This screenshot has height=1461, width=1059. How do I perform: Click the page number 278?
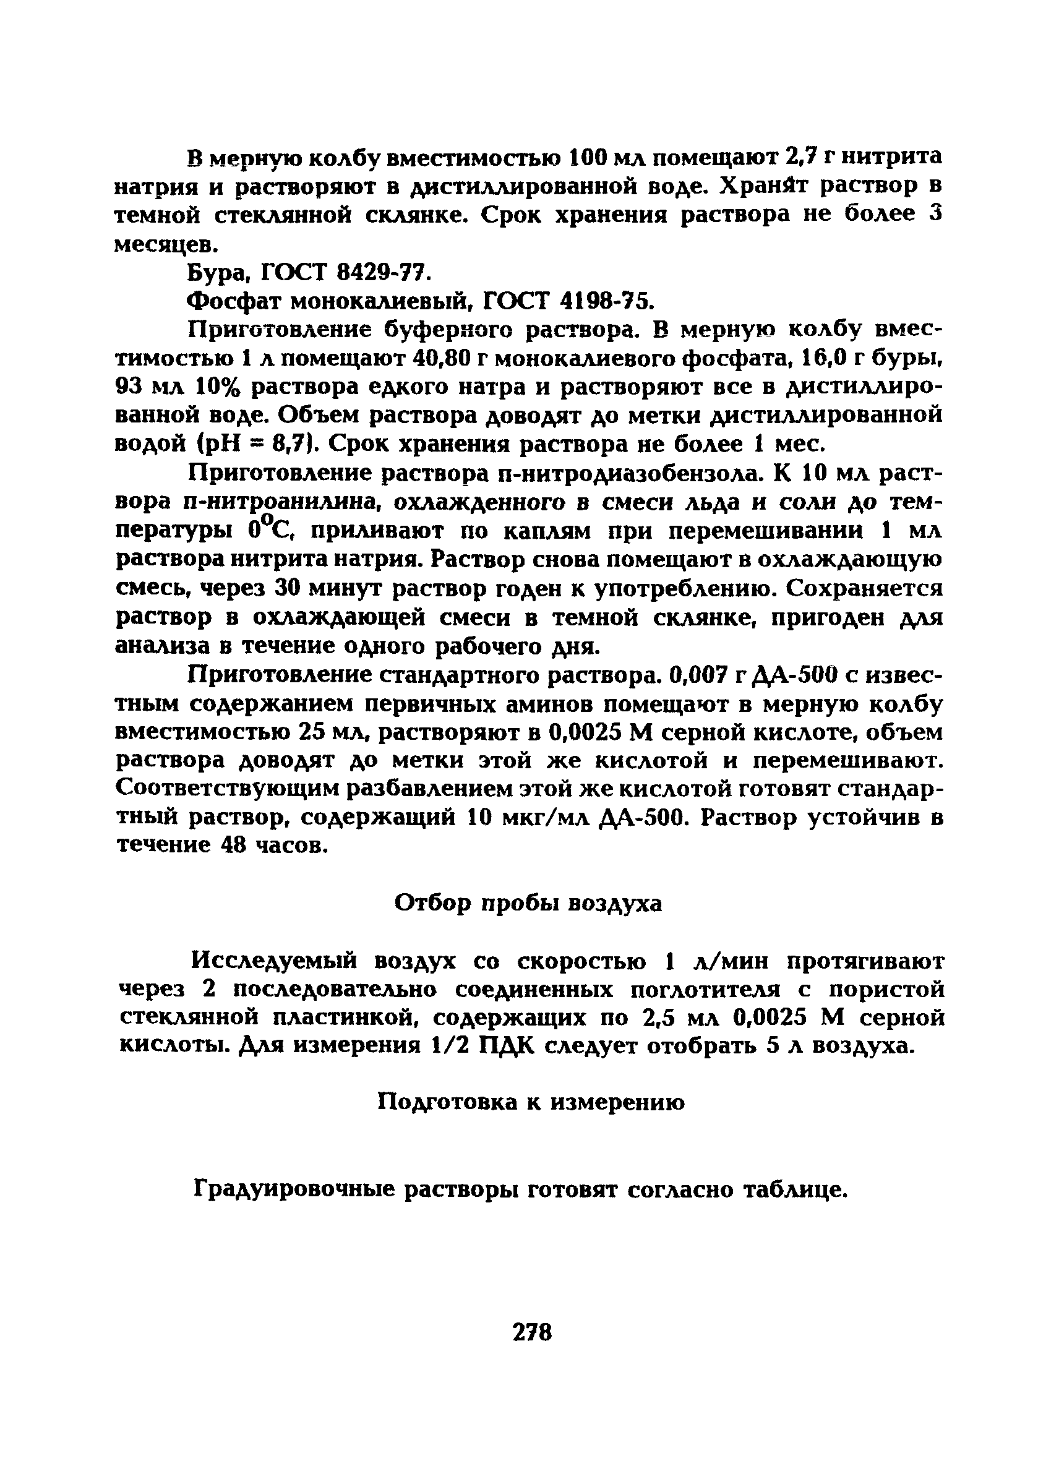coord(532,1332)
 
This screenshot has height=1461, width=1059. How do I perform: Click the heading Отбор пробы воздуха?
coord(528,903)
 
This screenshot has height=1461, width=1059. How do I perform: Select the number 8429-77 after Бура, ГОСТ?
coord(380,273)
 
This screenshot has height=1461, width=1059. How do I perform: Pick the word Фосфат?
coord(233,301)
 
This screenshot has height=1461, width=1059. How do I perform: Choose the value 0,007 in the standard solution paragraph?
coord(699,674)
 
